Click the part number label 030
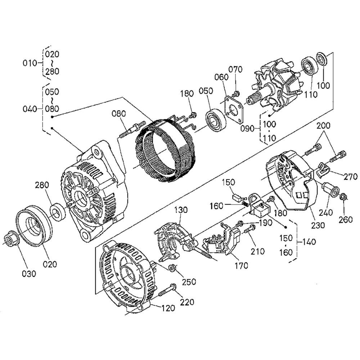coord(29,274)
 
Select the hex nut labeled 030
coord(11,239)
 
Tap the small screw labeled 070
coord(236,94)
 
